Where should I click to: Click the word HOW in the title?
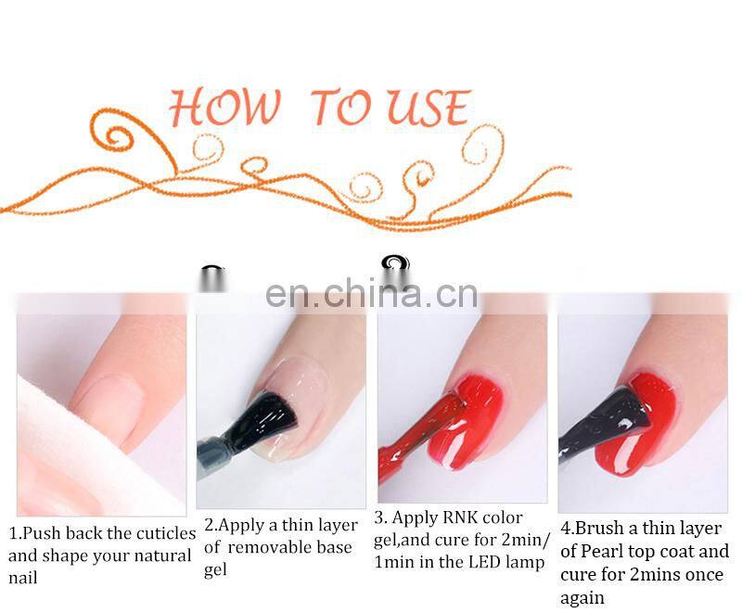(224, 109)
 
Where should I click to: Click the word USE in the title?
(428, 109)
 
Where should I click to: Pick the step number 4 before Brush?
(566, 529)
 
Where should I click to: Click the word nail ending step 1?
(24, 579)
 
